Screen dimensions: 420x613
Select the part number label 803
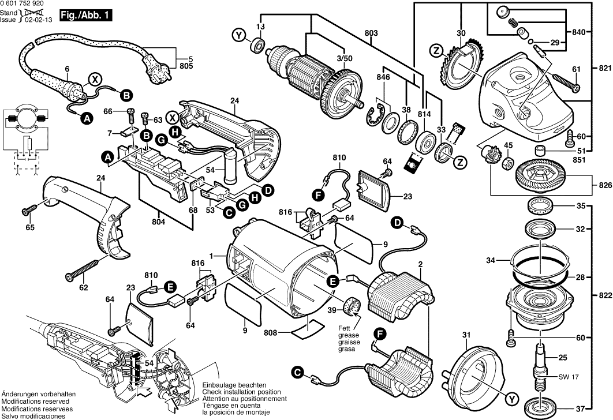371,34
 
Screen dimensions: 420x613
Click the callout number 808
270,332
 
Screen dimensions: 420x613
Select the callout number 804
159,221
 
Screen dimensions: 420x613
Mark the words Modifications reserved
35,401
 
